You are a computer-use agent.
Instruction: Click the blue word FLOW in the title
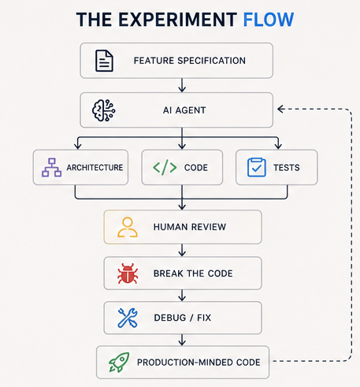[269, 20]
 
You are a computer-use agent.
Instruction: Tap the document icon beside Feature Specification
[104, 61]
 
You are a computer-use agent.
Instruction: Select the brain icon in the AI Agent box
[104, 110]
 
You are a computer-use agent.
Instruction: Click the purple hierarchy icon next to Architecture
[51, 167]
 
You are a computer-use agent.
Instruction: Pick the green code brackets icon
[165, 167]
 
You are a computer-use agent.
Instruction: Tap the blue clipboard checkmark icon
[257, 167]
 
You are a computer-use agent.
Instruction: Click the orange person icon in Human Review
[128, 227]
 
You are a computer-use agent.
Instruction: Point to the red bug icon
[128, 274]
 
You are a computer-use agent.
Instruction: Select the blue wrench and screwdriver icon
[128, 318]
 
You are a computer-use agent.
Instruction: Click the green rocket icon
[119, 363]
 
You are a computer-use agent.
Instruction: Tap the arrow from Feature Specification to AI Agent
[182, 85]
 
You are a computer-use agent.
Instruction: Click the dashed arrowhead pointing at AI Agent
[281, 109]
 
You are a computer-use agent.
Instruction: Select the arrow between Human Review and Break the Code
[182, 250]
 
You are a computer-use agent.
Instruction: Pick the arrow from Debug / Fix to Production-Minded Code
[182, 340]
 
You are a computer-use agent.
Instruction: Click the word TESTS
[287, 168]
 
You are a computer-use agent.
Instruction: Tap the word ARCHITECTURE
[95, 168]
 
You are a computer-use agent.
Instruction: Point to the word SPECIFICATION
[211, 61]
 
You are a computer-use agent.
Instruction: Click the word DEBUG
[170, 318]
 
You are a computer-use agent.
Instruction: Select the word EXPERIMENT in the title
[178, 20]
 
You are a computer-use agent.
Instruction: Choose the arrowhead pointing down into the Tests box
[278, 146]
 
